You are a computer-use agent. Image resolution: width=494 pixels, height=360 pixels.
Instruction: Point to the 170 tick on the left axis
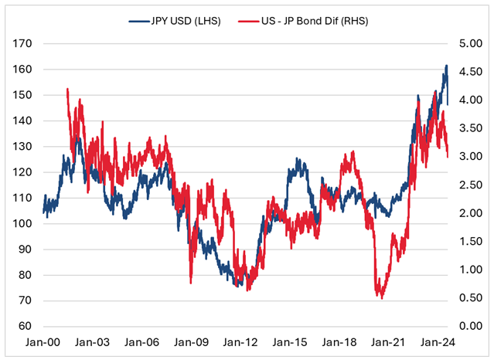(23, 44)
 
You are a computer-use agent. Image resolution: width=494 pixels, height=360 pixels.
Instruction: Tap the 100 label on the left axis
(23, 224)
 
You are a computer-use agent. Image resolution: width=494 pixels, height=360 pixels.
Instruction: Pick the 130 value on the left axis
(23, 147)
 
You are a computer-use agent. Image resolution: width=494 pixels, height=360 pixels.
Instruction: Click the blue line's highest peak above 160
(446, 66)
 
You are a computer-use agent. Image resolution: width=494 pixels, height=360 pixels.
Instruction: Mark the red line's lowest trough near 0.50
(380, 297)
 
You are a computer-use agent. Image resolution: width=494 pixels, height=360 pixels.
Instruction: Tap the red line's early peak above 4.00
(68, 90)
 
